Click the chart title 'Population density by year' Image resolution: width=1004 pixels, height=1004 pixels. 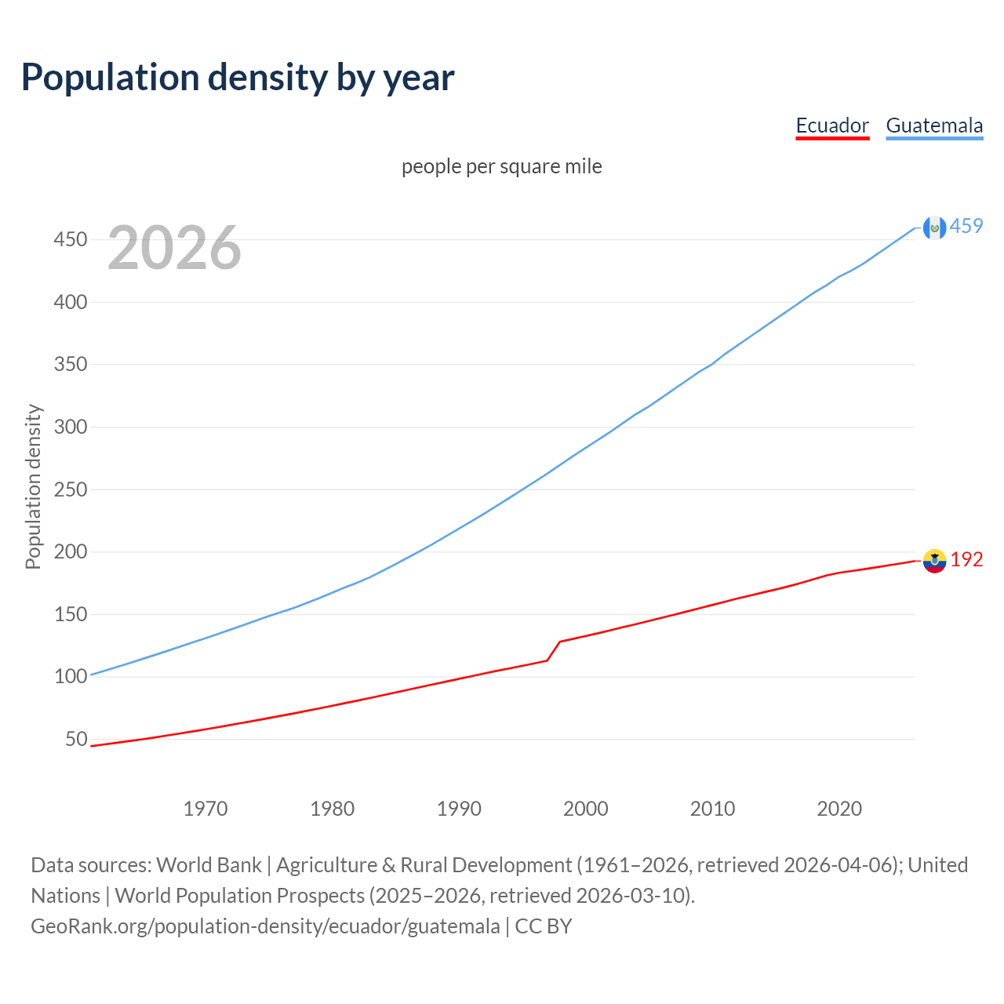pyautogui.click(x=238, y=78)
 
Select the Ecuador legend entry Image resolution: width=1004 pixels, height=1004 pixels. pyautogui.click(x=832, y=125)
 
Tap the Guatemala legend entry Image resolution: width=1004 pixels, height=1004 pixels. pyautogui.click(x=934, y=125)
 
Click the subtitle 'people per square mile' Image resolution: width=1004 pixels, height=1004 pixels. pyautogui.click(x=502, y=166)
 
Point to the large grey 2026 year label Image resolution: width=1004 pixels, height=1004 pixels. pyautogui.click(x=174, y=248)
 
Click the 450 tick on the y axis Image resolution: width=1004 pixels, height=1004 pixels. pyautogui.click(x=70, y=239)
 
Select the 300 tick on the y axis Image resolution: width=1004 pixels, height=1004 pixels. pyautogui.click(x=70, y=427)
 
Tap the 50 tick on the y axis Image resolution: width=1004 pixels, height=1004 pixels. pyautogui.click(x=75, y=739)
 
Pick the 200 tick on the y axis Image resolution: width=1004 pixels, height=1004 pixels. pyautogui.click(x=70, y=551)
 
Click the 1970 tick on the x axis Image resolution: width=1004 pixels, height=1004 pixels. pyautogui.click(x=206, y=809)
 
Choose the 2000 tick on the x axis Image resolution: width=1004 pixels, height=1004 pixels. pyautogui.click(x=586, y=809)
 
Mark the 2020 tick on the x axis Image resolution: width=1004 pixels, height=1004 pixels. pyautogui.click(x=839, y=809)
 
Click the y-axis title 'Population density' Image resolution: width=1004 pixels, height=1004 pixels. pyautogui.click(x=33, y=486)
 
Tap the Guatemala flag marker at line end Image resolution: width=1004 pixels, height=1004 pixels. pyautogui.click(x=934, y=227)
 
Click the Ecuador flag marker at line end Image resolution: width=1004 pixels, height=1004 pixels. pyautogui.click(x=934, y=560)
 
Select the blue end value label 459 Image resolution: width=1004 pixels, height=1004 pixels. pyautogui.click(x=966, y=226)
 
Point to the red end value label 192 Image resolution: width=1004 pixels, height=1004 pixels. pyautogui.click(x=966, y=559)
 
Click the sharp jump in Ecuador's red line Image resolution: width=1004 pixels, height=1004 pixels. pyautogui.click(x=554, y=650)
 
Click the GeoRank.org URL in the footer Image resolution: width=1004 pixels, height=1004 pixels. pyautogui.click(x=265, y=926)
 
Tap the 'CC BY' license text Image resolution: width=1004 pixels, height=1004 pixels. pyautogui.click(x=544, y=926)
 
